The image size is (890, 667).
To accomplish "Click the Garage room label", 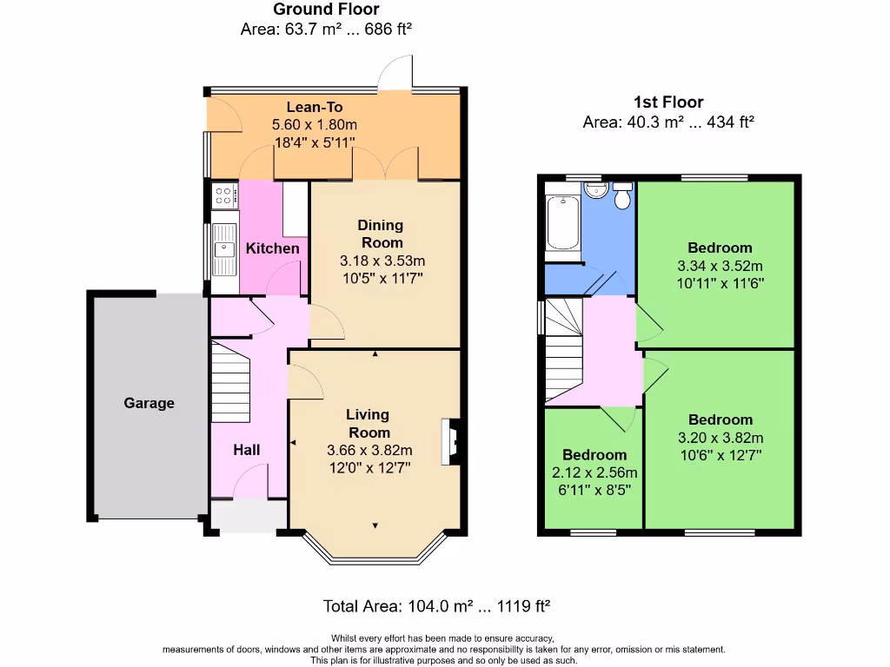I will click(149, 403).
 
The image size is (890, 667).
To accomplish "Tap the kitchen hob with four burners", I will click(224, 195).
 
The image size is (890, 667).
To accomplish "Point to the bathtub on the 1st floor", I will click(563, 222).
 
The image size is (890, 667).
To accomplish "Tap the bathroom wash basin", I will click(594, 190).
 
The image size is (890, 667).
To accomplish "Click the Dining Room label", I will click(381, 234).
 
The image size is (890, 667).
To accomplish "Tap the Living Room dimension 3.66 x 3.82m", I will click(369, 450).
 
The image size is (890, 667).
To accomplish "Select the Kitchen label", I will click(272, 248).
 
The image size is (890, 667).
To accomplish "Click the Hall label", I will click(246, 449).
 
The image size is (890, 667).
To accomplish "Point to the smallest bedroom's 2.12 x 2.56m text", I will click(594, 472).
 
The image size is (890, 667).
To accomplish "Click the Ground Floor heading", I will click(326, 10).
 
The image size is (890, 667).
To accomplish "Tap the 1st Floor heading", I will click(668, 102).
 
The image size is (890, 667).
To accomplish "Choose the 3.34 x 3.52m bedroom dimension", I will click(720, 266).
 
